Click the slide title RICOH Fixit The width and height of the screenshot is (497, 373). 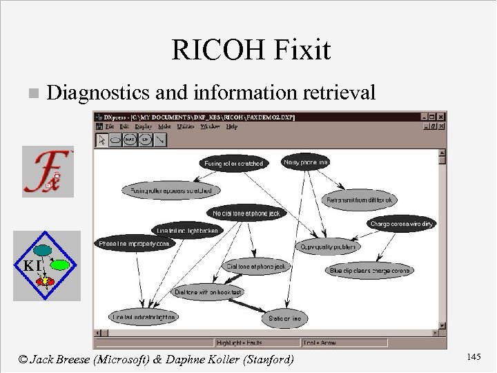251,50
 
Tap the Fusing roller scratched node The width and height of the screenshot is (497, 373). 233,164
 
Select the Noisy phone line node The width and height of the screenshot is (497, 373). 306,162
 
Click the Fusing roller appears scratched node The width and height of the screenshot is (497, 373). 171,189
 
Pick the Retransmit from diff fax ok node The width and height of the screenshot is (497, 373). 360,200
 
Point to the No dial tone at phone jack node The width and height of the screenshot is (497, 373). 246,213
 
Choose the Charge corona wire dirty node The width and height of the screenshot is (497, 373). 401,224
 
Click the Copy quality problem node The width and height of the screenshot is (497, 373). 328,246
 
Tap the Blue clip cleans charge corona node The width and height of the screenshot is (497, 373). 369,270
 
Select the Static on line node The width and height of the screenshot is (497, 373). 284,319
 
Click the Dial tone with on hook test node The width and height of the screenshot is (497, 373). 208,292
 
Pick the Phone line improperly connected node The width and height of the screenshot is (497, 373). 135,243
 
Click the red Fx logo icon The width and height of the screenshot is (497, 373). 47,171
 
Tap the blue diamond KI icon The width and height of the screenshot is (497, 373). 47,265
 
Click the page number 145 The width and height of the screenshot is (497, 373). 474,356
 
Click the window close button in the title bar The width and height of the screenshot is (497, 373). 442,117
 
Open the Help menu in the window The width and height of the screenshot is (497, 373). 231,126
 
